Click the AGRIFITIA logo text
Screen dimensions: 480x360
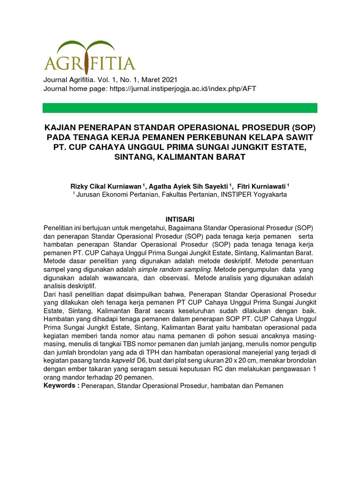tap(90, 63)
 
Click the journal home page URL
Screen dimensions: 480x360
tap(183, 89)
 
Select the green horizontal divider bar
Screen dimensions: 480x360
tap(180, 108)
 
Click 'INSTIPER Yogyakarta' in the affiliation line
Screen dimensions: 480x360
tap(253, 194)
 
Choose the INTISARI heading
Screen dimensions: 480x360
tap(180, 219)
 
